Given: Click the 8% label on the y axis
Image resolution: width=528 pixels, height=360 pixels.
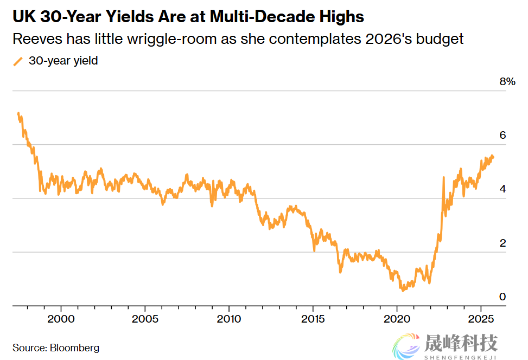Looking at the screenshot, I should pos(506,81).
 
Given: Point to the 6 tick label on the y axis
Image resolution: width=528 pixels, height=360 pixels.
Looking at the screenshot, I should pos(502,135).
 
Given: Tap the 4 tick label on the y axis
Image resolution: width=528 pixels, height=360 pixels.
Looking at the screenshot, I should pos(502,189).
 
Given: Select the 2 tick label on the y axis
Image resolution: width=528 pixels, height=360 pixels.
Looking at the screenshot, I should pos(502,243).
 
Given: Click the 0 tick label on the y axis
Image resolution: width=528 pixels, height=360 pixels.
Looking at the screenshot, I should pos(502,297).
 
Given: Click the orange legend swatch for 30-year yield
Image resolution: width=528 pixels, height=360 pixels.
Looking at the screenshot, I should pos(18,61).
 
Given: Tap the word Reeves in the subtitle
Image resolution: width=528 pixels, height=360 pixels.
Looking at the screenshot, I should pos(33,39).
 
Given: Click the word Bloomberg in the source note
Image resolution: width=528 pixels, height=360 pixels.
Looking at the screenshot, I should pos(74,348).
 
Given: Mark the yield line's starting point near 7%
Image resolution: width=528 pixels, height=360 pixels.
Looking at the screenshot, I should pos(18,113).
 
